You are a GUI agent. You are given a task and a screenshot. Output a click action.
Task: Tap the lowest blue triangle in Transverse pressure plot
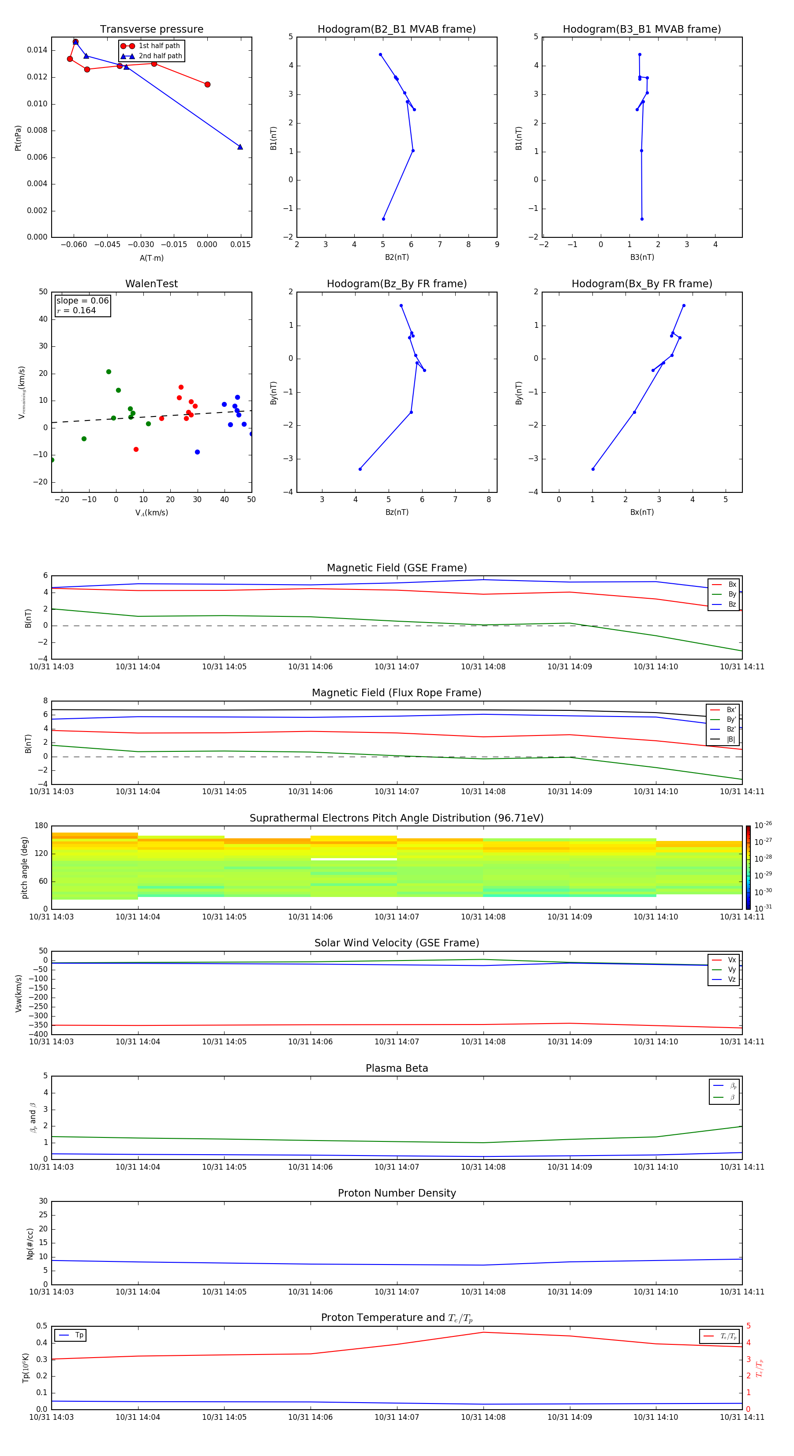click(240, 147)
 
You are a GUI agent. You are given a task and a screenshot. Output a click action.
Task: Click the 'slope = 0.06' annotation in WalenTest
click(82, 301)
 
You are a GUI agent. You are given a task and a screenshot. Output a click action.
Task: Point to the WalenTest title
click(151, 284)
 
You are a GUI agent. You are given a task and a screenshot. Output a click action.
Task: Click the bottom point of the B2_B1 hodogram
click(383, 219)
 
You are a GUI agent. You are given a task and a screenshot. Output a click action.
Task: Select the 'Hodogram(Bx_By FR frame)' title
click(641, 284)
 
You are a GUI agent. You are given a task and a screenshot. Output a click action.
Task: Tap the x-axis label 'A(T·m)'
click(151, 258)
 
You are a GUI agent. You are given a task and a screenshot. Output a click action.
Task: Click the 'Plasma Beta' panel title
click(397, 1068)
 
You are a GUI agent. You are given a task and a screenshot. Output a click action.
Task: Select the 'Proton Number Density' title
click(397, 1193)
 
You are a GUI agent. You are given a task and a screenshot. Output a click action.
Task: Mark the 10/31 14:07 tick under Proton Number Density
click(397, 1291)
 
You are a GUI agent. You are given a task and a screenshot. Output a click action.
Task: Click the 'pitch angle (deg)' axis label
click(24, 867)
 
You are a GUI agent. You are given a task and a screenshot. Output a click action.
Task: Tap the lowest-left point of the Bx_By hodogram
click(592, 469)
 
